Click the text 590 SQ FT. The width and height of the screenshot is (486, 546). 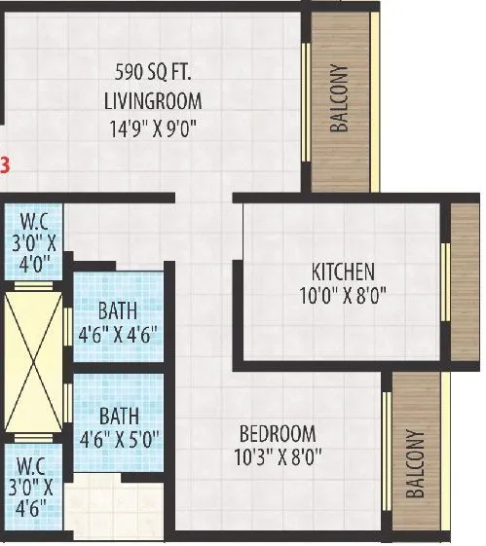(153, 71)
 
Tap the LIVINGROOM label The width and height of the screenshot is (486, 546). (153, 99)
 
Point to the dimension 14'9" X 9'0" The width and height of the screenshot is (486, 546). (153, 127)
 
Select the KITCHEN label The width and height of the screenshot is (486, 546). (343, 272)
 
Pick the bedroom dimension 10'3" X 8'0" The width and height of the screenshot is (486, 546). (278, 455)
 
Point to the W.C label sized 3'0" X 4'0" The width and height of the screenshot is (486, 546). (32, 235)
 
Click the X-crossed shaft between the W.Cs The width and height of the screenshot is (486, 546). (33, 359)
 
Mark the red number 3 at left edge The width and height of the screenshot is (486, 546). (5, 164)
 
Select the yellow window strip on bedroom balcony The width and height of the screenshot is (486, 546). (386, 452)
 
